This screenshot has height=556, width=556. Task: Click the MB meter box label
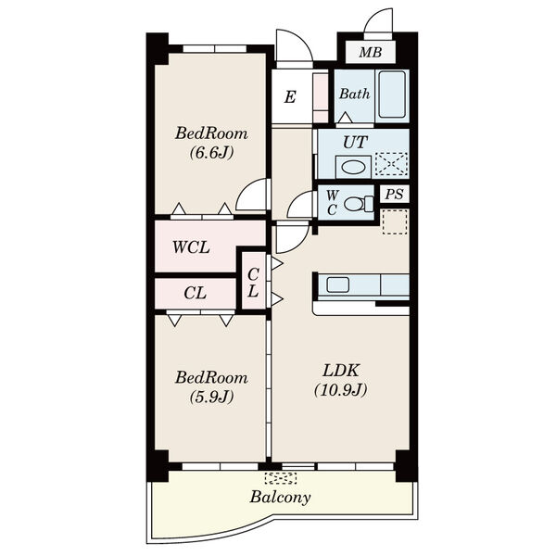(x=370, y=53)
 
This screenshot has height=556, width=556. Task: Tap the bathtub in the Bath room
(x=392, y=95)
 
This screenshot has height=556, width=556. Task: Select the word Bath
(x=354, y=94)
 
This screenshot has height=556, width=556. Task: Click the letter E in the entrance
(x=290, y=96)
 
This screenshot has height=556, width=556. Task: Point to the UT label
(x=355, y=142)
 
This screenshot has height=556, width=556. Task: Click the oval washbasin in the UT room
(x=353, y=167)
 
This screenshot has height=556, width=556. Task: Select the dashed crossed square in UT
(x=391, y=163)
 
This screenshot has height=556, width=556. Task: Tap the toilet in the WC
(x=358, y=204)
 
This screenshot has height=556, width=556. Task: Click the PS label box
(x=395, y=195)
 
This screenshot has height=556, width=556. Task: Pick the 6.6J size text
(x=211, y=153)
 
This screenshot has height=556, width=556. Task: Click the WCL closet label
(x=191, y=247)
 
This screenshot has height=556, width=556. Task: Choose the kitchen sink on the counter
(x=337, y=284)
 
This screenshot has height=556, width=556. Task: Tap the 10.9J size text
(x=341, y=390)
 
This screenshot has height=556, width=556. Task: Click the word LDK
(x=341, y=371)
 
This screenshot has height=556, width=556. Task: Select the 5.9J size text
(x=211, y=397)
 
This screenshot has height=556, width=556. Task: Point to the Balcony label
(x=280, y=497)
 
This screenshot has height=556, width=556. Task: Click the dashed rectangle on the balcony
(x=281, y=478)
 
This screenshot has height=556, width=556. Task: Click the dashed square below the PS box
(x=395, y=221)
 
